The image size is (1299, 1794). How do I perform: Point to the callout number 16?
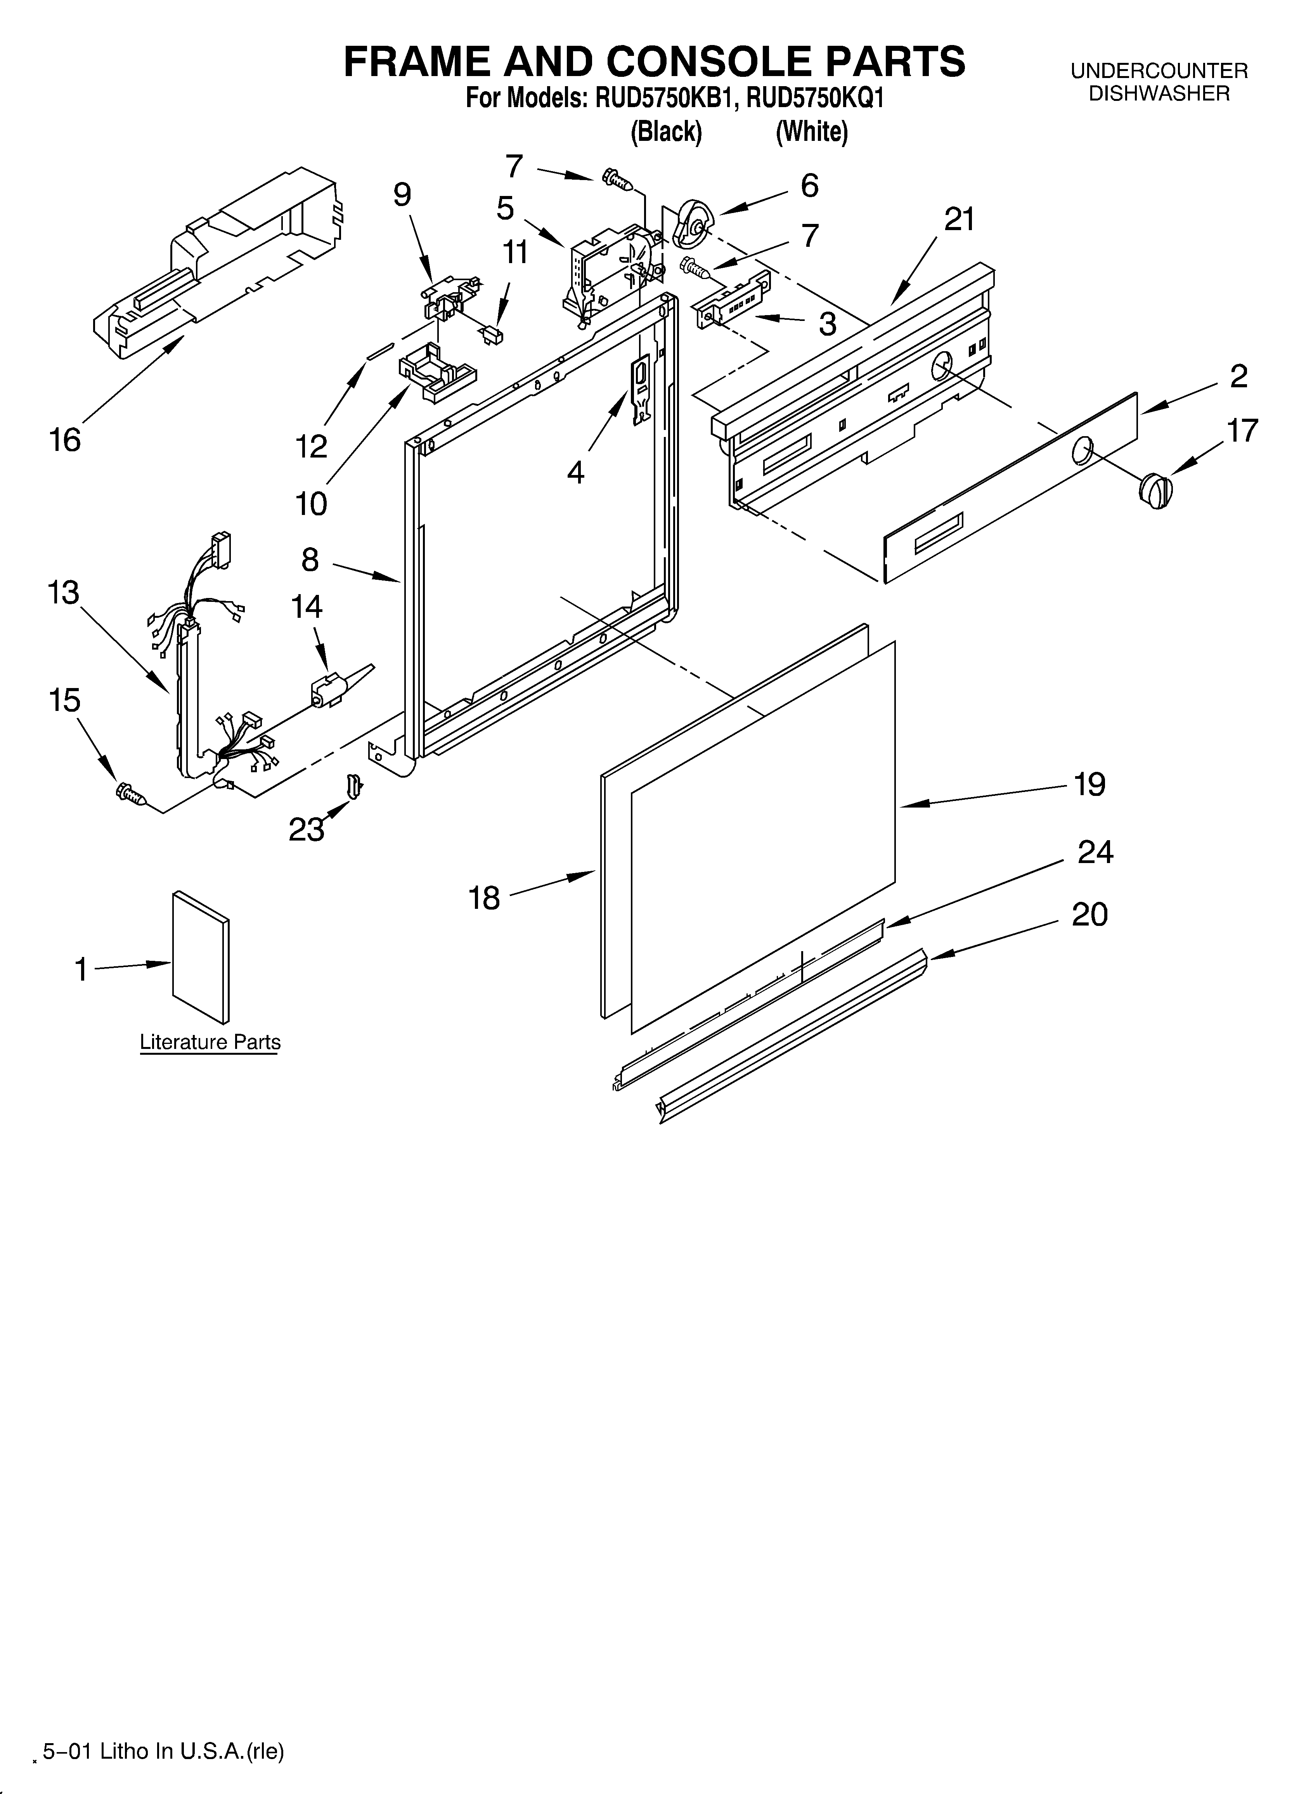click(65, 440)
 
